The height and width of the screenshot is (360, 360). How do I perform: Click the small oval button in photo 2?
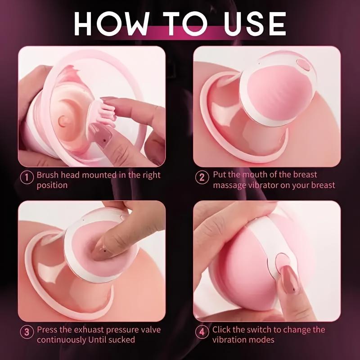point(304,65)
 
